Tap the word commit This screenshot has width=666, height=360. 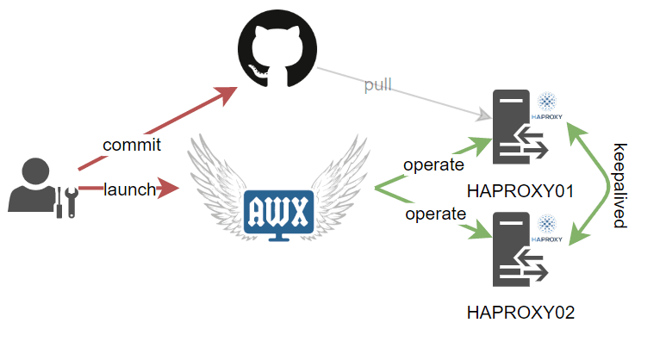coord(132,145)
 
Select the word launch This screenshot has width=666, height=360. coord(129,189)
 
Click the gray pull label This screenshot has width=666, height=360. coord(377,85)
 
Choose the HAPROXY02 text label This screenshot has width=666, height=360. coord(520,311)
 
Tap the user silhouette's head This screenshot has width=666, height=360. coord(36,171)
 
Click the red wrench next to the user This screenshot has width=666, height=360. coord(72,199)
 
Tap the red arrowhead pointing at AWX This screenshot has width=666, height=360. coord(171,187)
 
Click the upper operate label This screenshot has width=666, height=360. coord(434,164)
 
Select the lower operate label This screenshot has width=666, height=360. coord(436,213)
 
